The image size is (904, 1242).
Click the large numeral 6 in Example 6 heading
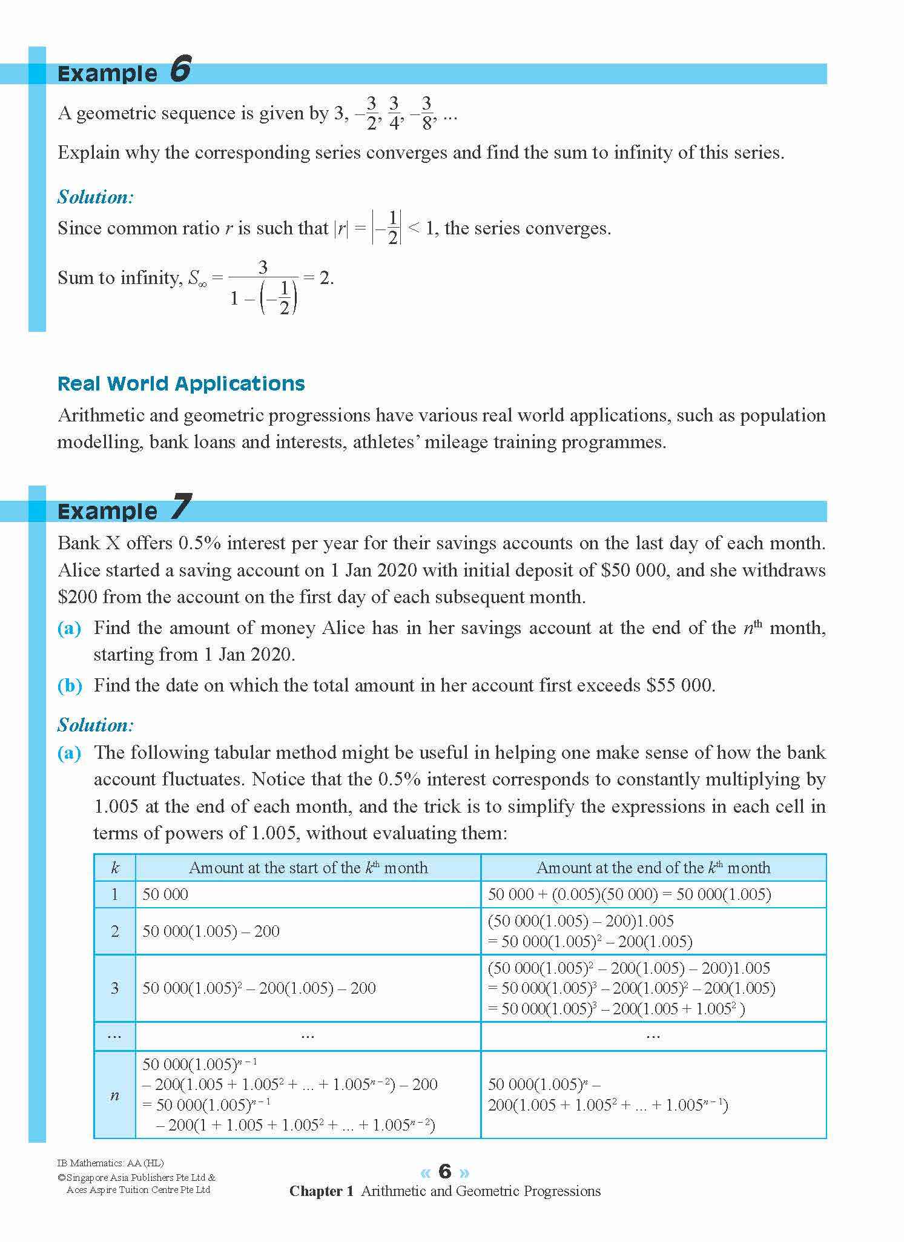coord(180,69)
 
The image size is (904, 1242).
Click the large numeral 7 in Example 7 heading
coord(180,507)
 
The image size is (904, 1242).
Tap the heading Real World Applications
coord(181,384)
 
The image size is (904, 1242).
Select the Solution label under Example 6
coord(96,197)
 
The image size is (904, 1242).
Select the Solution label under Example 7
coord(96,725)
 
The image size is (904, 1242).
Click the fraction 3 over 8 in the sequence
coord(427,113)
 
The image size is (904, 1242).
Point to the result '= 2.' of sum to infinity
coord(318,278)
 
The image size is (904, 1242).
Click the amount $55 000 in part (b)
coord(680,685)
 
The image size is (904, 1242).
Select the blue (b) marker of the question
coord(70,685)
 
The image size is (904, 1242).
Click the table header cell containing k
coord(115,868)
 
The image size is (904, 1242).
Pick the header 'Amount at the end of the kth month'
coord(653,868)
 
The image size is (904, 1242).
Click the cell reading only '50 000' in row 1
coord(165,894)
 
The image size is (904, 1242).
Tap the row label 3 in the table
coord(115,988)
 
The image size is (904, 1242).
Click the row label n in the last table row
coord(115,1095)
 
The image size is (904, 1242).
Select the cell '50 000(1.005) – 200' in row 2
coord(211,931)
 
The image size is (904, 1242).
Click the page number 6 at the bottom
coord(445,1171)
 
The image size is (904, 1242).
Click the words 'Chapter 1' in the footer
coord(321,1191)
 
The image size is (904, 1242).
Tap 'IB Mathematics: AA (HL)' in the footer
coord(110,1163)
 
